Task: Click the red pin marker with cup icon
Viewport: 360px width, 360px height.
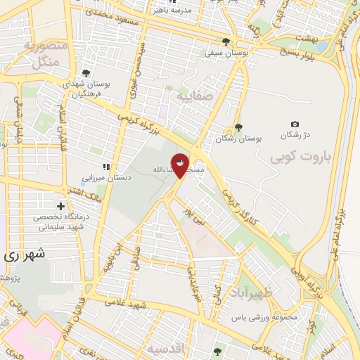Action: [181, 165]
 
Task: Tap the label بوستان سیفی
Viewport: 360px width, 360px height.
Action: [225, 52]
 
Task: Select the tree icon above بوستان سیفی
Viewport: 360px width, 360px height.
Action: [226, 41]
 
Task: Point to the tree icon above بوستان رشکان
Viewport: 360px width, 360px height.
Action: [238, 127]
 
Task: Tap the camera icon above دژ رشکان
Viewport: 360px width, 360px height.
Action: [294, 124]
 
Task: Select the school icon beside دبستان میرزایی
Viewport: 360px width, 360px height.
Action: [106, 167]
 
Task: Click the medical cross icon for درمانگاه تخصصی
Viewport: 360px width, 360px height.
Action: [62, 207]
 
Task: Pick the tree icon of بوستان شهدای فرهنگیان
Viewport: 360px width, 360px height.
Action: [86, 72]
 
